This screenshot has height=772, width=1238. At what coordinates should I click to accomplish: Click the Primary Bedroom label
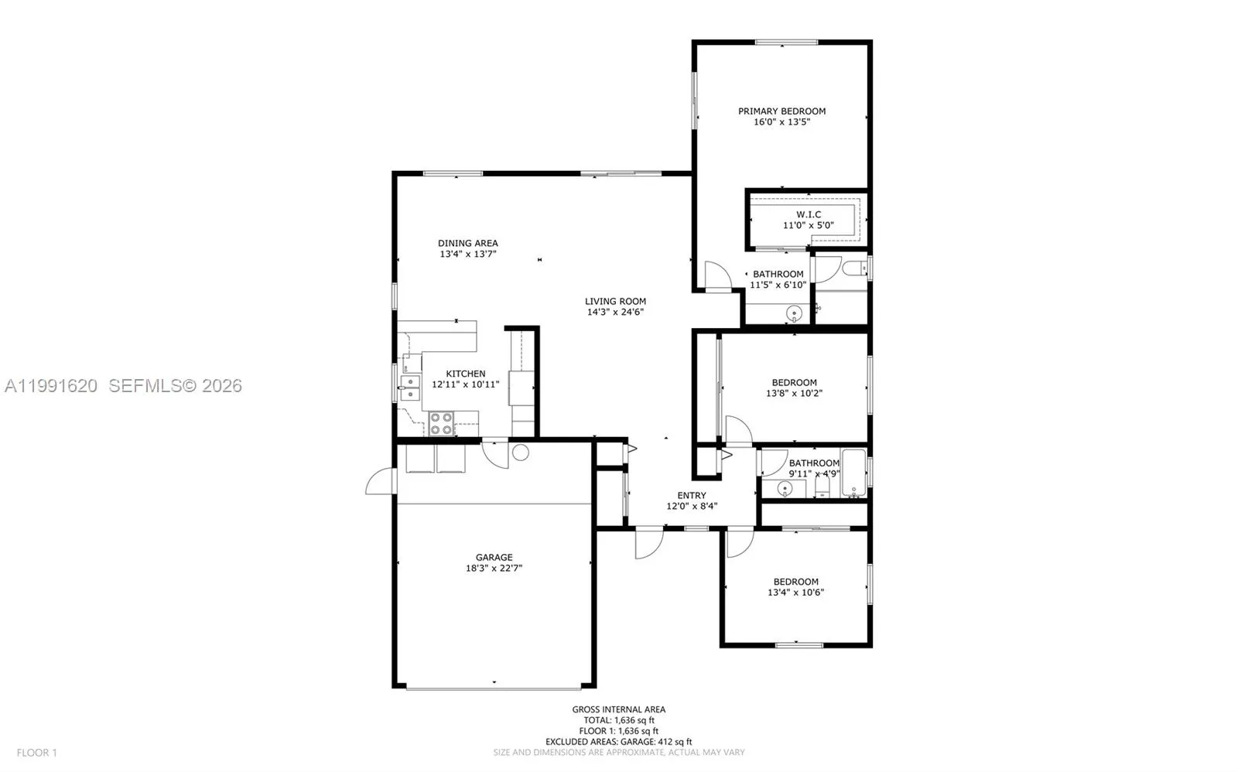click(781, 111)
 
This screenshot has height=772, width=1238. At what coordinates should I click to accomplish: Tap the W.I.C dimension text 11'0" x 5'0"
click(808, 226)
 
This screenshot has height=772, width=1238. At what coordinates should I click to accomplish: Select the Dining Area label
click(467, 243)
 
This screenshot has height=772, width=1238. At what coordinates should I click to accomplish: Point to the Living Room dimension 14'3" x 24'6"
click(615, 313)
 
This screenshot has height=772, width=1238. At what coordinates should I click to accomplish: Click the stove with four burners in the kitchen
click(441, 423)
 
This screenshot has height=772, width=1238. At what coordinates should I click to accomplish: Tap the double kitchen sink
click(409, 387)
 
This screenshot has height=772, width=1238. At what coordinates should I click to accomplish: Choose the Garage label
click(494, 557)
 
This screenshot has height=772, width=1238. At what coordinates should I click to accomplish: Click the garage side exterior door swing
click(379, 482)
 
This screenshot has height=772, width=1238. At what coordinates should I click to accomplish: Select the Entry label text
click(691, 496)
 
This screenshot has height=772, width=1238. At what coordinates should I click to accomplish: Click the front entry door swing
click(648, 543)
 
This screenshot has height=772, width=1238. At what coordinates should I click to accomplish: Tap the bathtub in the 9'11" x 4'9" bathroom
click(853, 472)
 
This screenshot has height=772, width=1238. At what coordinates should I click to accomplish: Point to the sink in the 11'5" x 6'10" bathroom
click(793, 313)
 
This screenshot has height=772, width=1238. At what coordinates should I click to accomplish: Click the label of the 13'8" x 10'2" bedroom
click(794, 382)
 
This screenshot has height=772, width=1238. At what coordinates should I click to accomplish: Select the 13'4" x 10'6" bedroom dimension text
click(795, 593)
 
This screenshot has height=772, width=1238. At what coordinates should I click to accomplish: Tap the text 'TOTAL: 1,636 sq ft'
click(618, 720)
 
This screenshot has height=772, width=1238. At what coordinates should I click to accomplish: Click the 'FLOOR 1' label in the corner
click(37, 752)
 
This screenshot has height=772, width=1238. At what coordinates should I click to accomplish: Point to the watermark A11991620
click(50, 385)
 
